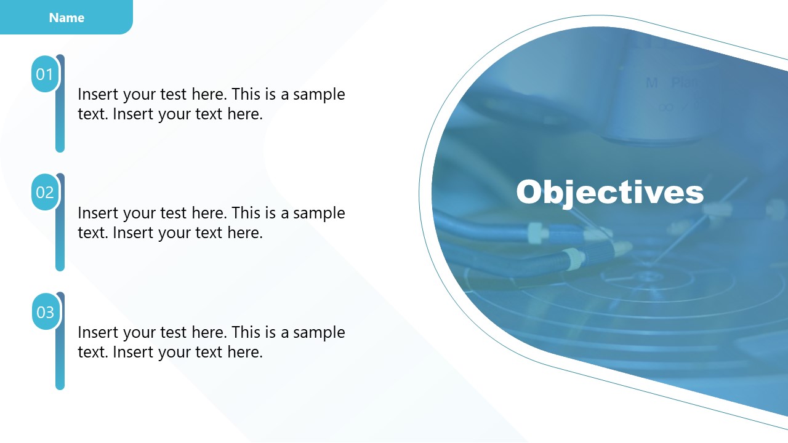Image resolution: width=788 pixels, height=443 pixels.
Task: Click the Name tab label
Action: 66,18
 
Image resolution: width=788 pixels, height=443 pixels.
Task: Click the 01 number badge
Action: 45,74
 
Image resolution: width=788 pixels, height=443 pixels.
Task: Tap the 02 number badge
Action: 45,193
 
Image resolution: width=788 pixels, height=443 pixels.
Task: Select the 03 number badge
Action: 45,312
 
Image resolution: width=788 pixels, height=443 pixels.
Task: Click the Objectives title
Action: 609,192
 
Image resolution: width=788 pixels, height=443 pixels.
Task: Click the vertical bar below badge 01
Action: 60,123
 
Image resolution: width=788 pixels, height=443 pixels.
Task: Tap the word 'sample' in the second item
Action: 319,214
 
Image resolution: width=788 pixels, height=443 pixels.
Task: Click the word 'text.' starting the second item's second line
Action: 94,233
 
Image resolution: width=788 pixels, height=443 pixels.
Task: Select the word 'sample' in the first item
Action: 319,95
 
